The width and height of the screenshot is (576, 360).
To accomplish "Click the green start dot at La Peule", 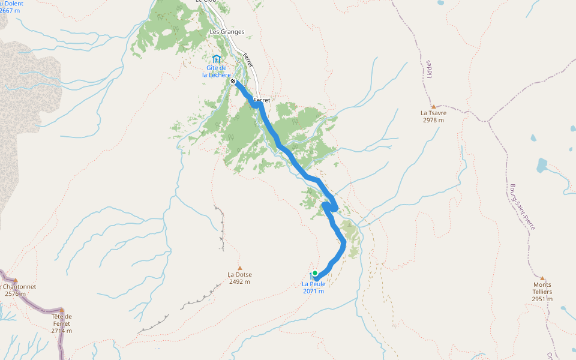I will coord(314,273).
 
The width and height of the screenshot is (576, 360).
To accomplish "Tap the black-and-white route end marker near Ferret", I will coord(233,81).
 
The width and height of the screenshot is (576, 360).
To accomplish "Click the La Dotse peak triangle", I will coord(240,268).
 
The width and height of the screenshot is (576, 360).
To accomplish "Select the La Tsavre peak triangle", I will coord(433,106).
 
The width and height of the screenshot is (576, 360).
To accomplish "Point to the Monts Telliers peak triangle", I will coord(542,278).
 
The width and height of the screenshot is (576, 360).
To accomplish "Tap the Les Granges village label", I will coord(227,32).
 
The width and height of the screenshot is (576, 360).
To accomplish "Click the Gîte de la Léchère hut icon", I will coord(216,59).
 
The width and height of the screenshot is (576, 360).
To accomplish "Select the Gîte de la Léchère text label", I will coord(216,71).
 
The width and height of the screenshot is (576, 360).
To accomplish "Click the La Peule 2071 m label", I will coord(313,287).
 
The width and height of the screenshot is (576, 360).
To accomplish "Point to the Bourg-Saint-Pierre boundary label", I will coord(521,206).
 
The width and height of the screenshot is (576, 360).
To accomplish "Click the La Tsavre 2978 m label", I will coord(433,116).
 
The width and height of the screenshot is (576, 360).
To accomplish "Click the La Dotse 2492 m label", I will coord(239,278).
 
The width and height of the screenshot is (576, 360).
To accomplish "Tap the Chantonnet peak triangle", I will coord(16,280).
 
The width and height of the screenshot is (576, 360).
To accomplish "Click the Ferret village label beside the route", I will coord(262,100).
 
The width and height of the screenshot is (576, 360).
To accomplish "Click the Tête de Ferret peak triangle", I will coord(61,310).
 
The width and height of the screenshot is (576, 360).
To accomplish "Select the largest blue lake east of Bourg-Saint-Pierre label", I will coord(542,165).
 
